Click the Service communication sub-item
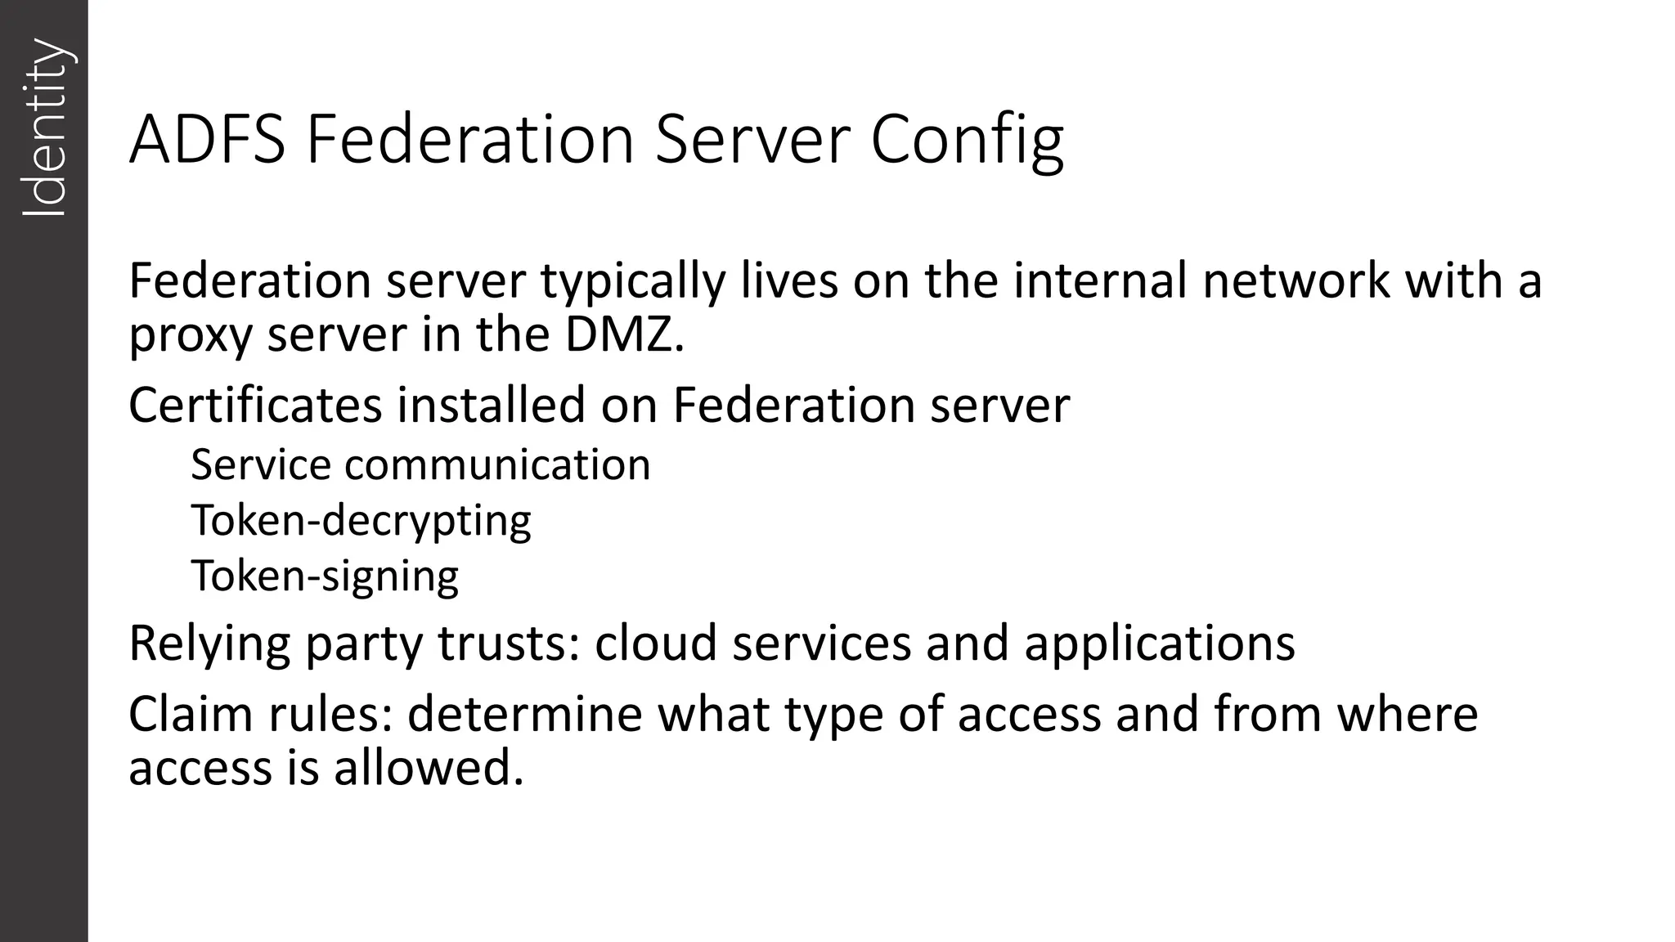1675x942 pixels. [420, 464]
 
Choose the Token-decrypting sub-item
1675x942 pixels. [361, 521]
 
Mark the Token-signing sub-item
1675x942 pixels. [325, 576]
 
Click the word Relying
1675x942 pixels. [209, 644]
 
